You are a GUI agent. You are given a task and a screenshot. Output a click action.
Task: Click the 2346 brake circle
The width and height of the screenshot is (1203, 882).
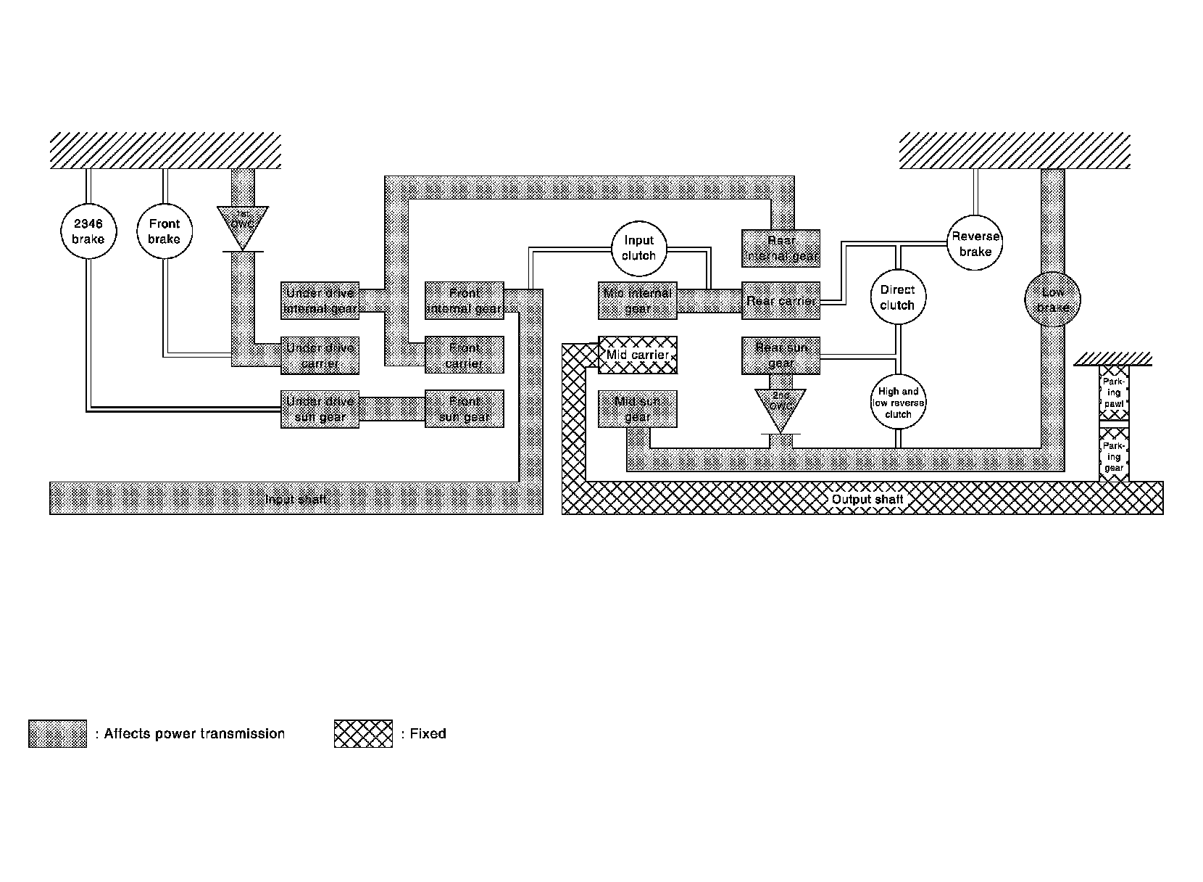click(88, 231)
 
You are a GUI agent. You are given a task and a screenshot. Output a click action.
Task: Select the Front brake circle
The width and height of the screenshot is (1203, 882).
click(165, 231)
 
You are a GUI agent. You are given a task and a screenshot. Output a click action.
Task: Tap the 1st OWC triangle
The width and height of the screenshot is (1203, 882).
click(242, 223)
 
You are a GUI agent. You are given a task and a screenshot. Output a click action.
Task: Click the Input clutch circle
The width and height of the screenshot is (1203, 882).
click(638, 248)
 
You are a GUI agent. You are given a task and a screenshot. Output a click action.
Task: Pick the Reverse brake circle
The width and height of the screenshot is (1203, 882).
click(975, 243)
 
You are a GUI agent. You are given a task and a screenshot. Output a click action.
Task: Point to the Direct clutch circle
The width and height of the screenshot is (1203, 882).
click(897, 297)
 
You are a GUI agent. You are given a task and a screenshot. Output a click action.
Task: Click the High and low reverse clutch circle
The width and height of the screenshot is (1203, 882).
click(898, 403)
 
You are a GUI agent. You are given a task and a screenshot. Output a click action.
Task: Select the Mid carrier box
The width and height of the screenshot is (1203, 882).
click(638, 355)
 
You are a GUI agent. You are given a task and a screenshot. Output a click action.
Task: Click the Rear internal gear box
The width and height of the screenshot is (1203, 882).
click(781, 248)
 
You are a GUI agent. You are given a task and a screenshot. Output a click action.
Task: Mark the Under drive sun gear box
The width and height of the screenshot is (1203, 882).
click(320, 409)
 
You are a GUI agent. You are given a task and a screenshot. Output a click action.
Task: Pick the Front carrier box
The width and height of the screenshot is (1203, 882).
click(464, 355)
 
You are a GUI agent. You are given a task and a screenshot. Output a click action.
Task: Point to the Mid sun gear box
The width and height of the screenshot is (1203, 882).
click(638, 409)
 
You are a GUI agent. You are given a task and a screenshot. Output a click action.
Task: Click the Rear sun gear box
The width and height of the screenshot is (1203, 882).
click(781, 355)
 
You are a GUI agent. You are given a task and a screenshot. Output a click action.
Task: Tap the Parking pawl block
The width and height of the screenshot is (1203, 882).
click(1114, 392)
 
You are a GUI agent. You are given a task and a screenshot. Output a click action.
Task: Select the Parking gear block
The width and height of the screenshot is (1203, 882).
click(1114, 456)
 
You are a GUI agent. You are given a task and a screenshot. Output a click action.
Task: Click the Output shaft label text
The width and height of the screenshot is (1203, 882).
click(867, 499)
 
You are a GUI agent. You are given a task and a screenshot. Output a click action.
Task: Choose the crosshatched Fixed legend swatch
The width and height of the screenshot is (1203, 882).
click(363, 733)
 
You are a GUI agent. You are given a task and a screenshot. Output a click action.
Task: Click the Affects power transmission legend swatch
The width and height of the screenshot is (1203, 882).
click(57, 733)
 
